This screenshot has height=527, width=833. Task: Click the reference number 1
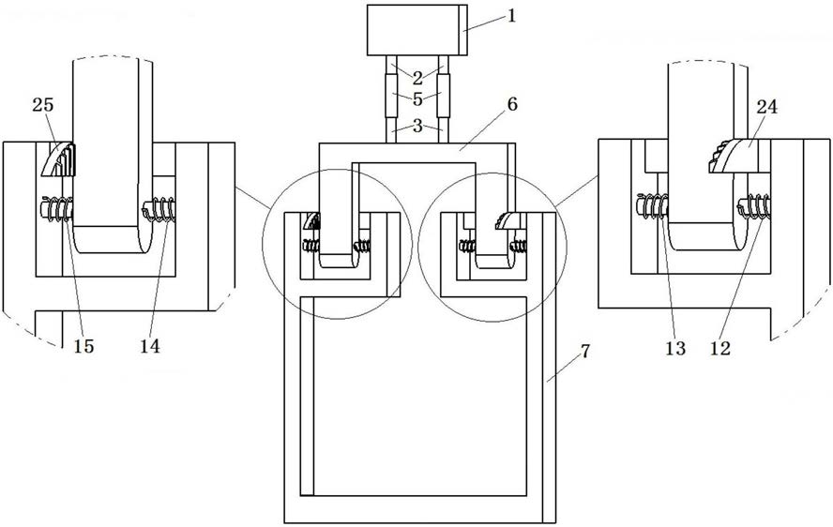511,15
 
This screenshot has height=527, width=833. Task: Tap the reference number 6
512,104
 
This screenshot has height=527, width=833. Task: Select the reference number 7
585,351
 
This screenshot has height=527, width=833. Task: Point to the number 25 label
43,105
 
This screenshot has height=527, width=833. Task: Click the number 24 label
767,107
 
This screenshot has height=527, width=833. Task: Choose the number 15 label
83,346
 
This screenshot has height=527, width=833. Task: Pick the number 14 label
150,346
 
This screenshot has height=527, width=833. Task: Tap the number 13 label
675,349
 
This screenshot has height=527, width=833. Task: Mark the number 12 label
720,349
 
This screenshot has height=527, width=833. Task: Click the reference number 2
417,78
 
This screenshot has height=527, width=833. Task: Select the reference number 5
417,99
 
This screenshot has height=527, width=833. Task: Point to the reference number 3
417,126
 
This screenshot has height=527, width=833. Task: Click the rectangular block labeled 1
417,30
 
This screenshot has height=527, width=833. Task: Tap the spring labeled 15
56,208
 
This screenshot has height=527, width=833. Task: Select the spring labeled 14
158,208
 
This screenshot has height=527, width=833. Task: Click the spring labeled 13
652,206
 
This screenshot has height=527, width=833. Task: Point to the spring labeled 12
754,206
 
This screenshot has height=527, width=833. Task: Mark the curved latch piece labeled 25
57,158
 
